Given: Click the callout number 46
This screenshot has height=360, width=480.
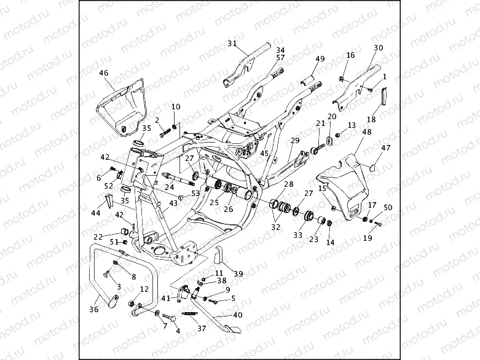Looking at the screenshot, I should coord(103,72).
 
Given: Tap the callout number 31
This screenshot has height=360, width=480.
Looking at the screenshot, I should coord(232,43).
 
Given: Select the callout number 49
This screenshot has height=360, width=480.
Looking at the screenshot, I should coord(320,59).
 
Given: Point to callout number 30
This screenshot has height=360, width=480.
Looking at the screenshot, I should coord(379,48).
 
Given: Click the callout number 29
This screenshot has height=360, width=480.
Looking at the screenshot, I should coord(295,141).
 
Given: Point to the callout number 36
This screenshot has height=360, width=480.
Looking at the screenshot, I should coord(94,310).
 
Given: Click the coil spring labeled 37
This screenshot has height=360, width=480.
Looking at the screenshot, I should coord(192,314).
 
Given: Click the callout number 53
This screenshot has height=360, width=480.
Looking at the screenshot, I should coord(195,194).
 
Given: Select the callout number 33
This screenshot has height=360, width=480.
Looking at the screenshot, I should coord(298,235).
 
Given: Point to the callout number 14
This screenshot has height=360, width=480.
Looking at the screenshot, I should coord(330,243).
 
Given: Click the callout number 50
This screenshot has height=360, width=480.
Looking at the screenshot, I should coord(388,208).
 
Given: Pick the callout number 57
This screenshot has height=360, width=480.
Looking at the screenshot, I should coord(280,57).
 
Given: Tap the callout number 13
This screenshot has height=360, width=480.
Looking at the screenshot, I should coord(352,125).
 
